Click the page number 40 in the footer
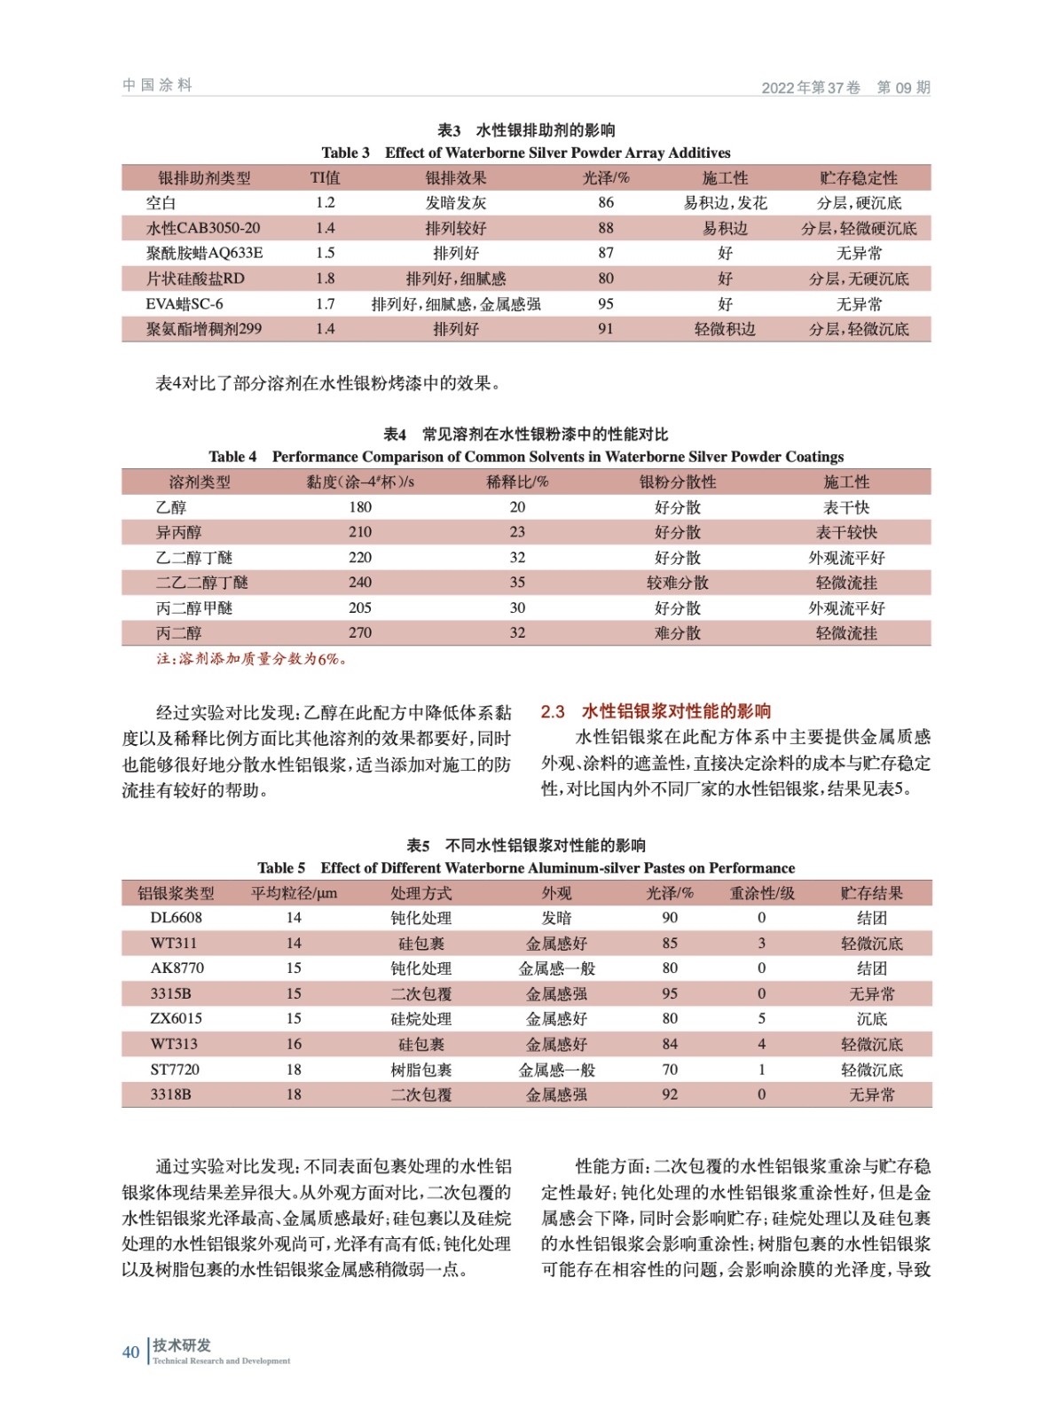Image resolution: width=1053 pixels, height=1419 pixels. coord(130,1352)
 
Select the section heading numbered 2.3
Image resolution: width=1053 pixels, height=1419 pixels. coord(656,711)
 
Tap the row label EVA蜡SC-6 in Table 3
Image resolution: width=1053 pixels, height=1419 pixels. coord(185,304)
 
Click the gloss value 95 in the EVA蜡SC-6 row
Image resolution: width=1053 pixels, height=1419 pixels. coord(606,304)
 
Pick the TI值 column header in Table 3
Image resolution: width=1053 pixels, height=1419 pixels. coord(325,178)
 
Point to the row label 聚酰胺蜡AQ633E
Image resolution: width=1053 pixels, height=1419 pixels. coord(204,253)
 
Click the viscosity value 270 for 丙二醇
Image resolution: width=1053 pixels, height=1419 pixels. coord(360,633)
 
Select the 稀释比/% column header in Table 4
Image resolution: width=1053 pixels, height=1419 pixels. coord(517,482)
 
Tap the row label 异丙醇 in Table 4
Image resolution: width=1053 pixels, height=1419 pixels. coord(179,533)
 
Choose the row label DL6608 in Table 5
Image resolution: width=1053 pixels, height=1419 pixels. coord(176,918)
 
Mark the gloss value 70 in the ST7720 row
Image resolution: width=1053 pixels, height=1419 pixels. coord(670,1070)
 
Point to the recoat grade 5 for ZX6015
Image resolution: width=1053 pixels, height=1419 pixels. coord(761,1019)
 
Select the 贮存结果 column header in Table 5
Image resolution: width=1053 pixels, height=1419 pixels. coord(871,893)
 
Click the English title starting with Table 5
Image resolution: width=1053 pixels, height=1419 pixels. coord(526,868)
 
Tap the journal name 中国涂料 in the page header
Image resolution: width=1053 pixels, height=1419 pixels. coord(157,85)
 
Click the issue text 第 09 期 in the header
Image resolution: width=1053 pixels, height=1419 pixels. coord(903,87)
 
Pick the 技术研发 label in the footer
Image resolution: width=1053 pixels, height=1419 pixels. coord(182,1345)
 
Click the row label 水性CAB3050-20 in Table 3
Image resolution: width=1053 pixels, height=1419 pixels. coord(203,228)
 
